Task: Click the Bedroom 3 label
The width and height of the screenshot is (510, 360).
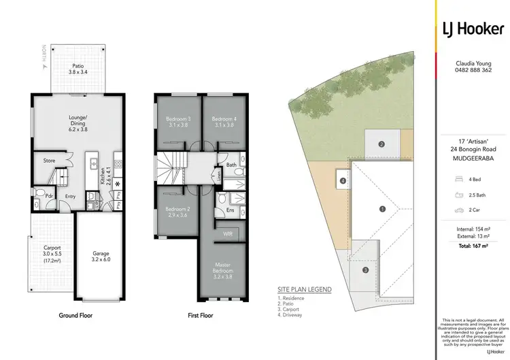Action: point(180,122)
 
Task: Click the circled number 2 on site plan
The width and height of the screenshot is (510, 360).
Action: point(382,144)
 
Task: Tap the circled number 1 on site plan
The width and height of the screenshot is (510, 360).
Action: point(382,209)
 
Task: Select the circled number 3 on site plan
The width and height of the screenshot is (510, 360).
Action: point(365,270)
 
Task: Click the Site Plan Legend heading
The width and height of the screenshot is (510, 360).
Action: point(304,289)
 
